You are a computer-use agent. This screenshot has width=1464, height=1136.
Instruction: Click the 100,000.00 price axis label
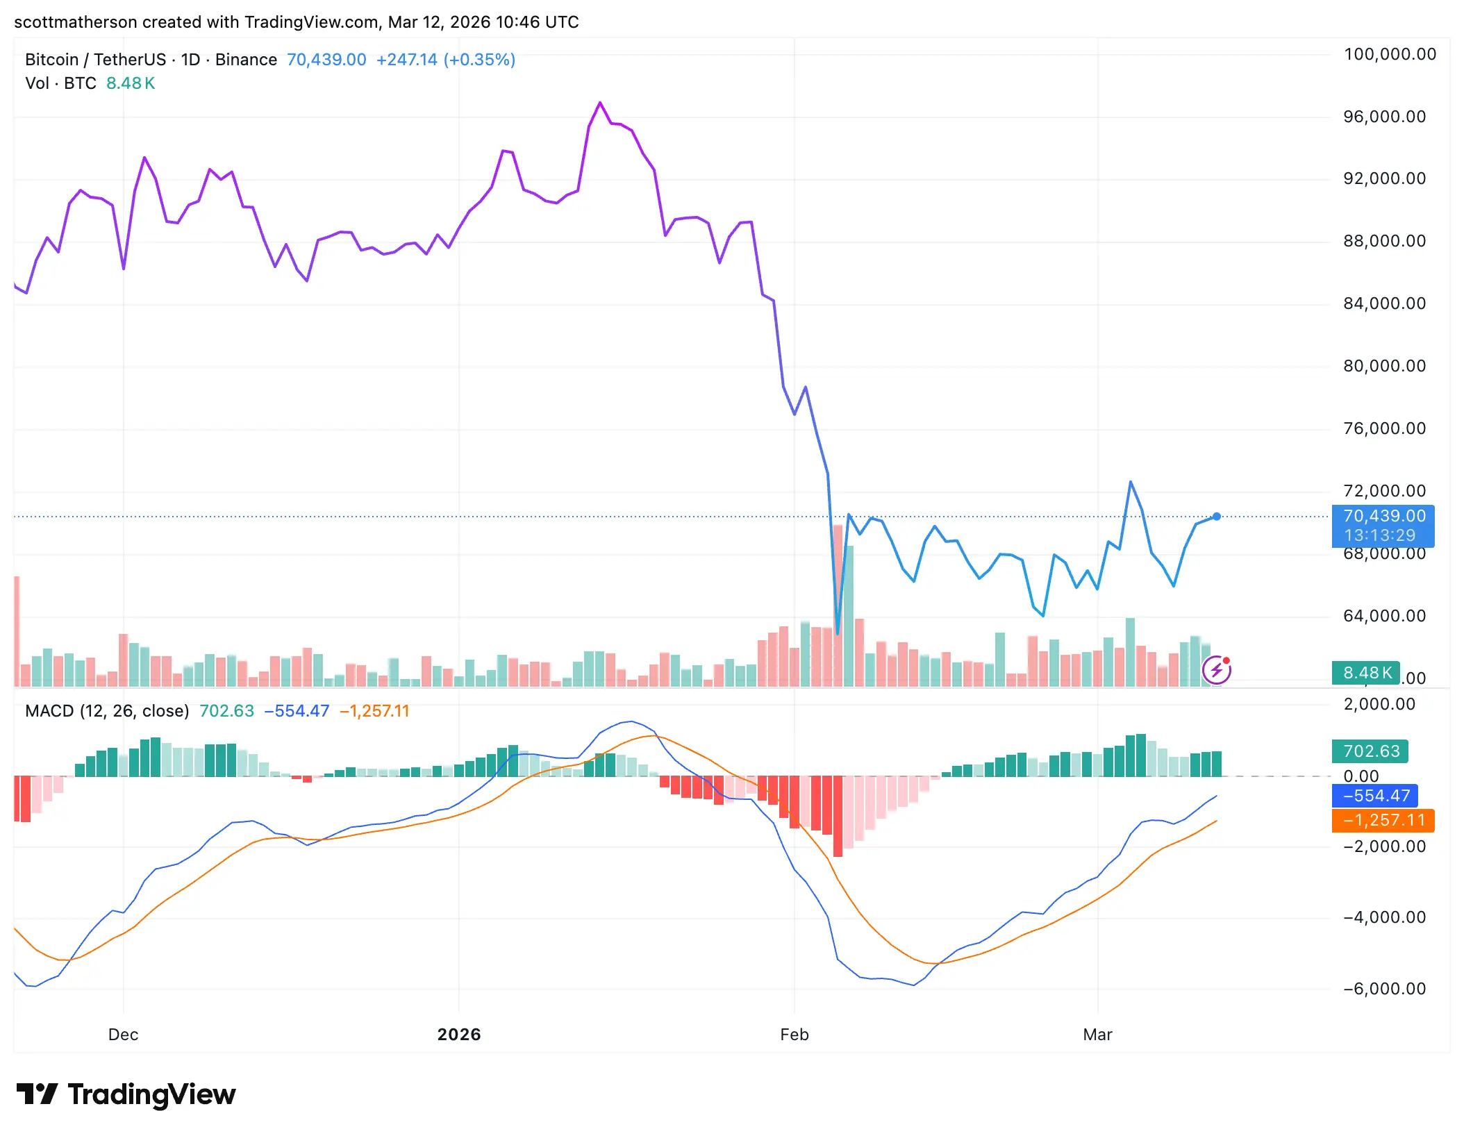(1389, 54)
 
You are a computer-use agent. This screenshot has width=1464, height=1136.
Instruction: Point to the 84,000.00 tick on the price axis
(1384, 303)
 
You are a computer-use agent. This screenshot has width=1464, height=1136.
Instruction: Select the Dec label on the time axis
(123, 1035)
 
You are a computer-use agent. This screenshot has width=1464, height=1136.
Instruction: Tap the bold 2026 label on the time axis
(458, 1035)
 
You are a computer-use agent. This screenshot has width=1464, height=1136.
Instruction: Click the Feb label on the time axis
(794, 1035)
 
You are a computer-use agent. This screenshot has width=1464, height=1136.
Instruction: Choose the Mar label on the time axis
(1097, 1035)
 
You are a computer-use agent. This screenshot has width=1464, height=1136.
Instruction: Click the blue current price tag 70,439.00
(1383, 517)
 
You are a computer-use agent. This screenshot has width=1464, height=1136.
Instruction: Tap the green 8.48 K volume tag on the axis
(1366, 673)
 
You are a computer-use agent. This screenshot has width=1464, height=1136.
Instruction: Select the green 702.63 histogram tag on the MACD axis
(1370, 751)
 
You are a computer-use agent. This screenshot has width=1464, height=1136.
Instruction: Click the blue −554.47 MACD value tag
(1374, 796)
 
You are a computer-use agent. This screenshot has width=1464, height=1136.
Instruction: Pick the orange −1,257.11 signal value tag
(1383, 820)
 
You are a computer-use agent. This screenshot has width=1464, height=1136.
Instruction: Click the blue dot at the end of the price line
(1217, 517)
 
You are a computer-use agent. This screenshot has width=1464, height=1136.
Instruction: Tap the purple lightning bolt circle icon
(1217, 670)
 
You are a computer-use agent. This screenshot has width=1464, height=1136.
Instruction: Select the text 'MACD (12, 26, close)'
(107, 711)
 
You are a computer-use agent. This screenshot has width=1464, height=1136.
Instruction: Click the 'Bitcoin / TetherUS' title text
(95, 60)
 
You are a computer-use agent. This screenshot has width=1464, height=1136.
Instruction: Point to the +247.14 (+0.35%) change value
(445, 60)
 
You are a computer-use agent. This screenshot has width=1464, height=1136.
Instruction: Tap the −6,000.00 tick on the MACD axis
(1384, 989)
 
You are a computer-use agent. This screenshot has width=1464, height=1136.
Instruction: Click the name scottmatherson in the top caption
(75, 22)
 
